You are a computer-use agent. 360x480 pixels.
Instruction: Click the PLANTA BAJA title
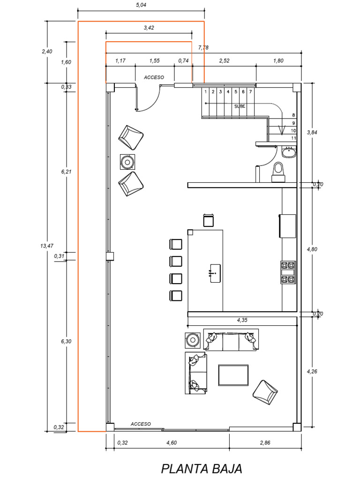[202, 468]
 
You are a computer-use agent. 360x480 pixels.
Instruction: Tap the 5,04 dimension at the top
[141, 6]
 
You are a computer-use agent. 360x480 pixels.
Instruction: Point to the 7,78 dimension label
[203, 47]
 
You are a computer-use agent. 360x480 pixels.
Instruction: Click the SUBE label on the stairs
[240, 106]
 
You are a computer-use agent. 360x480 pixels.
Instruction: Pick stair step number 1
[205, 92]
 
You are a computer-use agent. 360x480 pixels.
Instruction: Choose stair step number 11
[293, 138]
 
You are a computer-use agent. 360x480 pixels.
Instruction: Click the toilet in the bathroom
[278, 171]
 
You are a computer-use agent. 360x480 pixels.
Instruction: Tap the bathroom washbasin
[288, 152]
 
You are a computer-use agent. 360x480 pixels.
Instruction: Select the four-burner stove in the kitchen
[288, 272]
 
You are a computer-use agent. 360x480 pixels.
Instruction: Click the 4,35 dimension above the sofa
[242, 321]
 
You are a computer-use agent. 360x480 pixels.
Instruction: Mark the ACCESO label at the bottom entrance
[141, 424]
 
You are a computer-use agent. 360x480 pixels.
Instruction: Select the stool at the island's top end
[209, 220]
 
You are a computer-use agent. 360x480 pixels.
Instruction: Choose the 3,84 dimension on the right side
[312, 132]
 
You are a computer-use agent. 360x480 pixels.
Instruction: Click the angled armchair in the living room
[265, 392]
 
